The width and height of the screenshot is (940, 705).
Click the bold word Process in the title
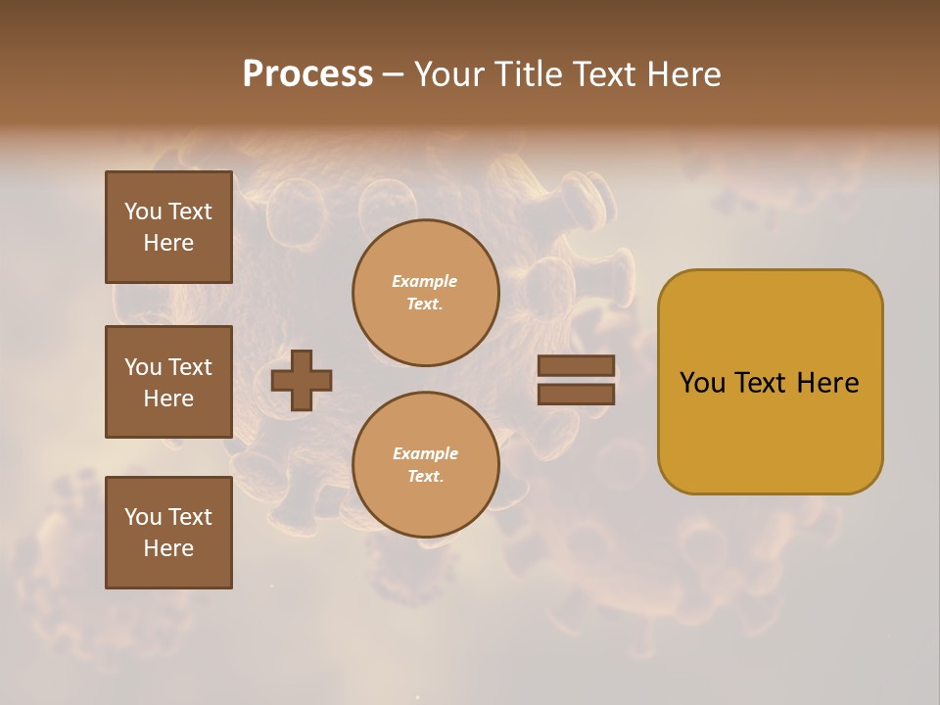point(307,74)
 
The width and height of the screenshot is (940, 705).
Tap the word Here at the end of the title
point(682,74)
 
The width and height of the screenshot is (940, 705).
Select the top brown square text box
point(168,227)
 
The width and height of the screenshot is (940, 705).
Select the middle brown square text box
point(168,382)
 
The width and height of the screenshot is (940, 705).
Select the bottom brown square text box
point(168,533)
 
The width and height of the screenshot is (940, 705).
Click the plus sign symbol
point(302,380)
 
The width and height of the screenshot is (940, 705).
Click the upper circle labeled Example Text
point(426,293)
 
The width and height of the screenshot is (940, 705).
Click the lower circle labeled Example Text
point(426,465)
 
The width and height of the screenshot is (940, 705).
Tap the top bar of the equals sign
point(576,365)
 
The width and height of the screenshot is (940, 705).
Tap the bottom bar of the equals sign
point(576,394)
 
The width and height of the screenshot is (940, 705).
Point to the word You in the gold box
point(702,383)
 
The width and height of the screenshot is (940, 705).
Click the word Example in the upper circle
point(425,282)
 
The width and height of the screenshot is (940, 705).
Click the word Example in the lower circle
point(425,454)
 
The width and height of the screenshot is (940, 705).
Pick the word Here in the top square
point(168,243)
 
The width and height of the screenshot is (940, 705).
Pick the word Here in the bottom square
point(168,548)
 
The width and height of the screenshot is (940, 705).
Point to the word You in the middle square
point(142,367)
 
